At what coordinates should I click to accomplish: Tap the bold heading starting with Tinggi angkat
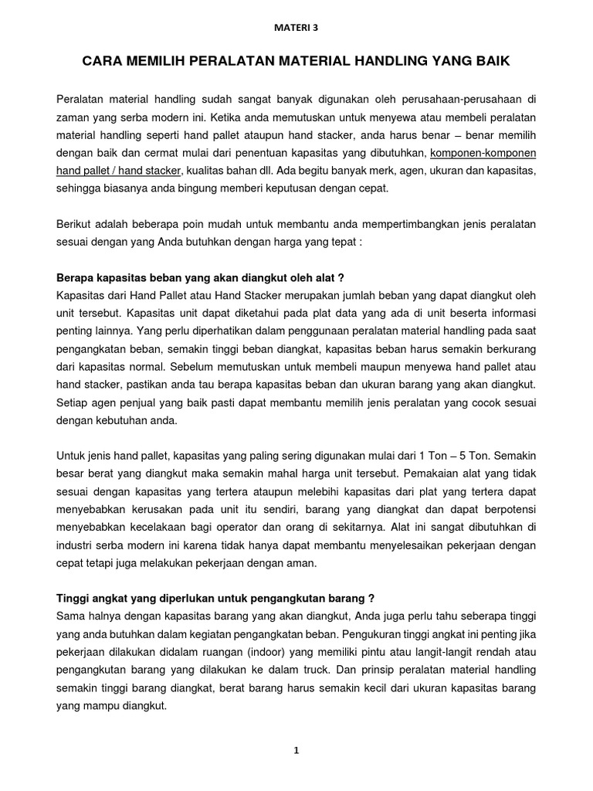[205, 597]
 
